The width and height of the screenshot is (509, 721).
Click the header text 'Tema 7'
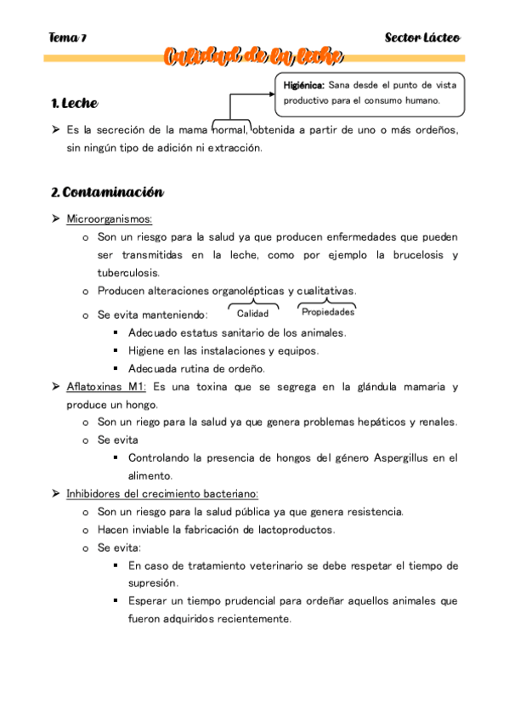68,38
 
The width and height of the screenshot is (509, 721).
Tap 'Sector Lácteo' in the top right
422,38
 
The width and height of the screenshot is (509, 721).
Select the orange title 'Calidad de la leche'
254,57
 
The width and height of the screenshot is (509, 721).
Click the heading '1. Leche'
74,104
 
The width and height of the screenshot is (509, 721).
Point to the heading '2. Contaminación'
106,192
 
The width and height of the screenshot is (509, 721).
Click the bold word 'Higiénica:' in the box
303,85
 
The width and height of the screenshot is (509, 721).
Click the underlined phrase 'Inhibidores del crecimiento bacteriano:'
162,493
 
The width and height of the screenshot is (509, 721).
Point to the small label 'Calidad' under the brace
252,314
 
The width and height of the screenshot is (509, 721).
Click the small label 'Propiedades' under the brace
327,312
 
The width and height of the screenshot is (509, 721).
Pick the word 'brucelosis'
417,255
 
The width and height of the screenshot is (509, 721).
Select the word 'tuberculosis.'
128,273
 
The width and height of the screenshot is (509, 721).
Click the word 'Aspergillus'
403,457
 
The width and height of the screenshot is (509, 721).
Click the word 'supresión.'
153,583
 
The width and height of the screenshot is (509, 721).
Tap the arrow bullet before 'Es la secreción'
54,130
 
